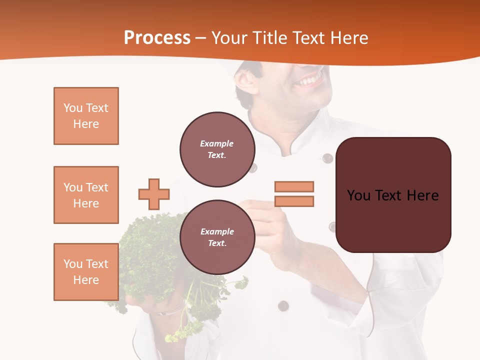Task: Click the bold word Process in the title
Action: click(157, 38)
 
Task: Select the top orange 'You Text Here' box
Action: click(86, 116)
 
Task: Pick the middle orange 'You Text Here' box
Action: click(86, 195)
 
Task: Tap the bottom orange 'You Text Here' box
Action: click(86, 272)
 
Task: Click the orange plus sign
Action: click(154, 194)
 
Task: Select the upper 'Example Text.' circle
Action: click(217, 149)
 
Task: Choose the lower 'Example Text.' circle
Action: click(217, 237)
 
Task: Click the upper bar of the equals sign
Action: click(294, 186)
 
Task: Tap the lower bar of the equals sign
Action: click(294, 201)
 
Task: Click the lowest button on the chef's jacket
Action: click(283, 305)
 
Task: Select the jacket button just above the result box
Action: click(327, 158)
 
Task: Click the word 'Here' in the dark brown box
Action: click(422, 195)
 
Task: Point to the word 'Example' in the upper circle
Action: click(217, 143)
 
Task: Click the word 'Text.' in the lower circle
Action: click(217, 243)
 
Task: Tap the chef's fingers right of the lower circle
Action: click(270, 220)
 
